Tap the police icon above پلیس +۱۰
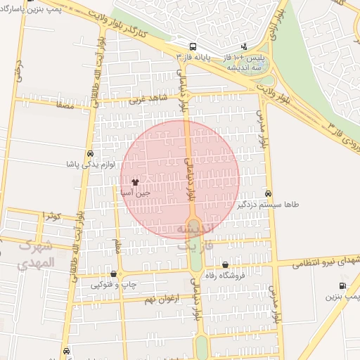(x=244, y=46)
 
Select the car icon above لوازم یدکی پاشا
(x=91, y=154)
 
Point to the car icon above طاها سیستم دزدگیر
(x=269, y=193)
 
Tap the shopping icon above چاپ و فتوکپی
(x=114, y=274)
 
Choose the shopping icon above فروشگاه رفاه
(x=225, y=265)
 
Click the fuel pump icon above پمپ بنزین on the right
(x=342, y=285)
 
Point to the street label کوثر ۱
(x=53, y=214)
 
